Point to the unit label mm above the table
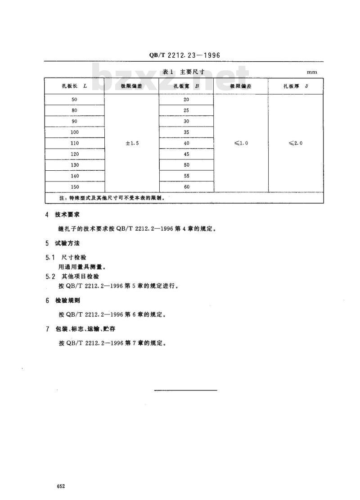coord(312,72)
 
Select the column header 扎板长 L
coord(74,86)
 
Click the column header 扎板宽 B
coord(186,86)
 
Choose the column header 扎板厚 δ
coord(296,86)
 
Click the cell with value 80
coord(74,110)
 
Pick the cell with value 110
coord(74,143)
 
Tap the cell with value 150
coord(74,187)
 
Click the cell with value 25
coord(186,110)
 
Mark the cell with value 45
coord(186,154)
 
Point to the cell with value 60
coord(186,187)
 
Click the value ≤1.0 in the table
coord(241,143)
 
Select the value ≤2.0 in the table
coord(296,143)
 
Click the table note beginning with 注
coord(106,198)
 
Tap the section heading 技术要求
coord(67,215)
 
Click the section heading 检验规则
coord(67,300)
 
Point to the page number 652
coord(61,486)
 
